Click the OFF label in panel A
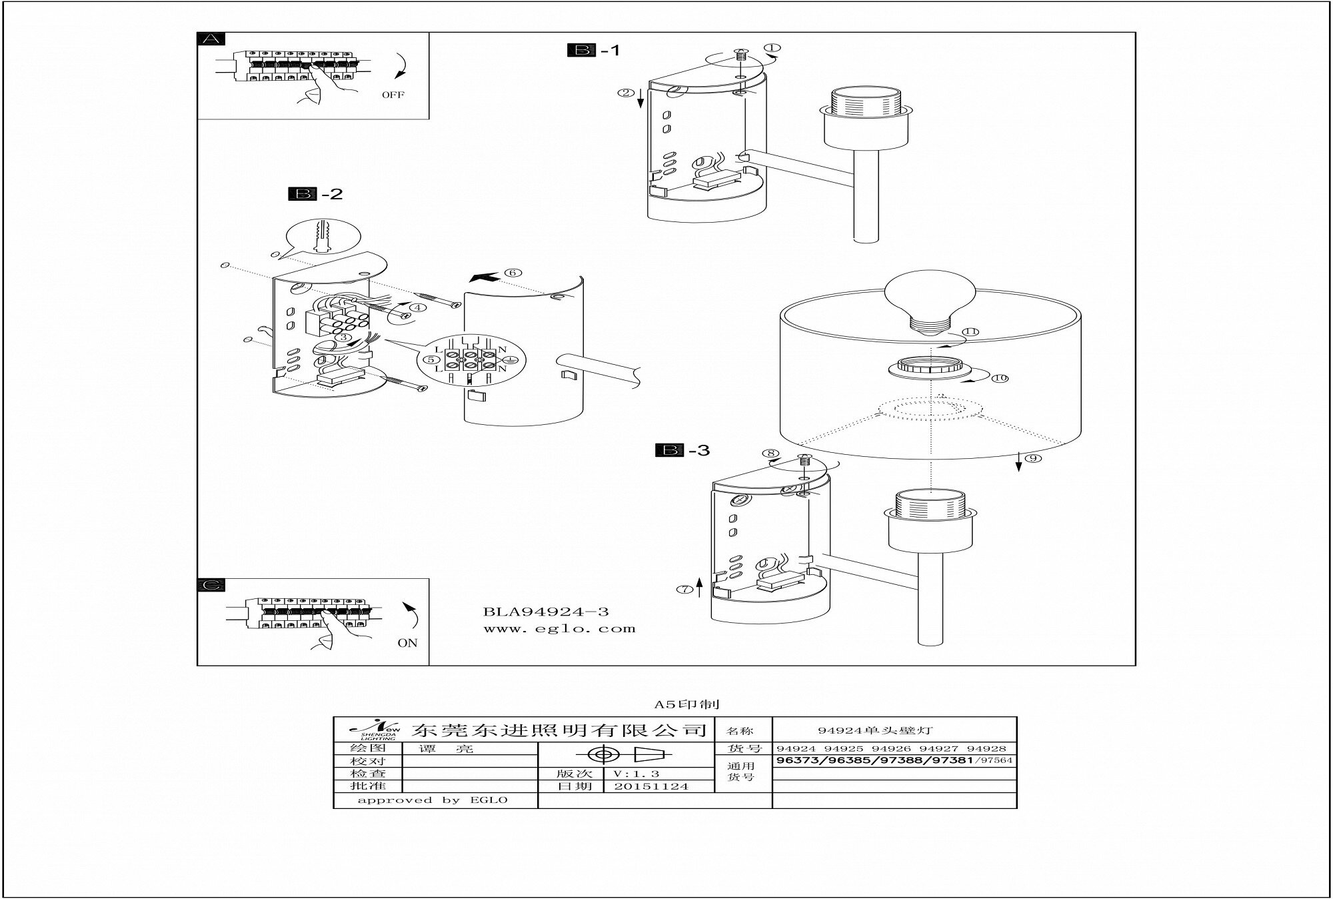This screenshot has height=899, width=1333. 393,95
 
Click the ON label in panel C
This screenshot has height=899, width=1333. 407,643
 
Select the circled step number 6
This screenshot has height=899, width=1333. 513,272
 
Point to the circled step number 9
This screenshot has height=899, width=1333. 1032,458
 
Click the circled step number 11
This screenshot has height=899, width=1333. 971,331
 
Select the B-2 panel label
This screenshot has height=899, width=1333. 315,194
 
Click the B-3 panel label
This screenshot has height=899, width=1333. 682,451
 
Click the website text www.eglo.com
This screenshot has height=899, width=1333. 559,628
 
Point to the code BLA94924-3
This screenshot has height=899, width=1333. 546,612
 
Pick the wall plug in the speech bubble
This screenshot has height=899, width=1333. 323,236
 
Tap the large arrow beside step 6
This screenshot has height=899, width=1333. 484,277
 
